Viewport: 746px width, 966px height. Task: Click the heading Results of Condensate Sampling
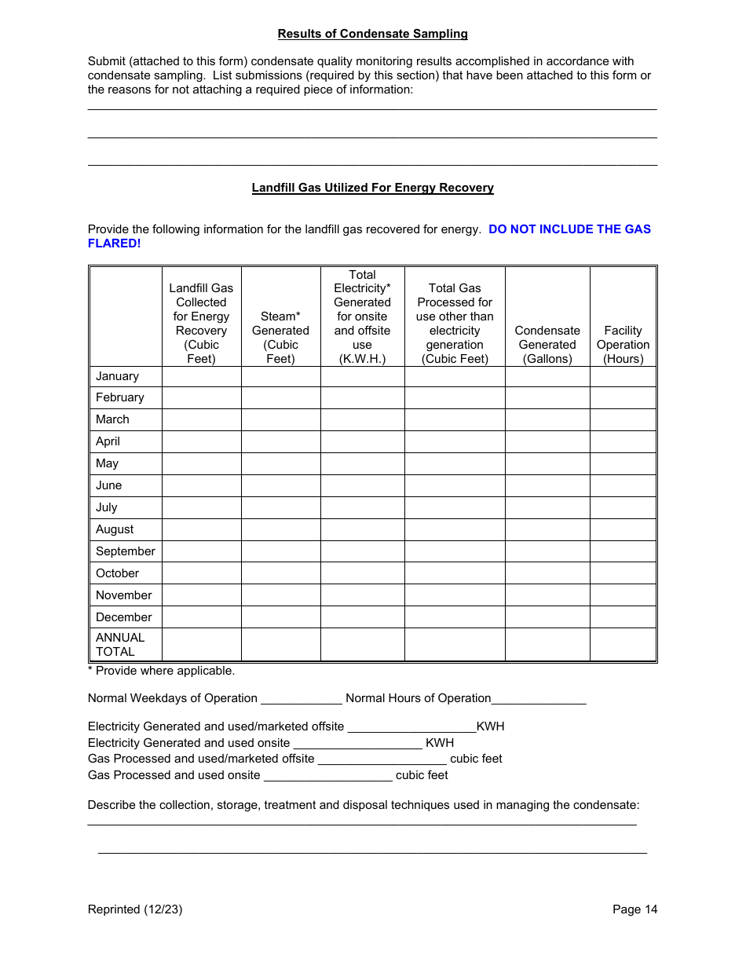372,34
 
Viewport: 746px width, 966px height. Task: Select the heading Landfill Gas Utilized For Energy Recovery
372,188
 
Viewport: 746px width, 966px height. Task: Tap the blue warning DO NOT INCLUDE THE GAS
569,229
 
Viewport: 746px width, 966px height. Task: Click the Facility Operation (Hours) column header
623,345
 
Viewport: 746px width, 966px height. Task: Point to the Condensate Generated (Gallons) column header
547,345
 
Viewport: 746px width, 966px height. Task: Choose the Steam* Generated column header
280,338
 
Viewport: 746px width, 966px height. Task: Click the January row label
117,376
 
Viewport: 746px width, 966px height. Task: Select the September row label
126,551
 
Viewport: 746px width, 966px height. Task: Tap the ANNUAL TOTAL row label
120,645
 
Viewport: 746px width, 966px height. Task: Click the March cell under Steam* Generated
280,419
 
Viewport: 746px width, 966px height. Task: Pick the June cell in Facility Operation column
623,485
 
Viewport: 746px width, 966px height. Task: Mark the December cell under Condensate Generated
547,617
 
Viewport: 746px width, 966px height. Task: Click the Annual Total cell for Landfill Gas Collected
201,645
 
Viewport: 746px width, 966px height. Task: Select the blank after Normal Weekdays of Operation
301,699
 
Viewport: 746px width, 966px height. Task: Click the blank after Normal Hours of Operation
539,699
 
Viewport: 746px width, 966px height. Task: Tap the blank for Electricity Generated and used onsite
357,744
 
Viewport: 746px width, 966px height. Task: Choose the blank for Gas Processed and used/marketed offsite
382,759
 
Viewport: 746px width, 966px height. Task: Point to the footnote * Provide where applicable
161,671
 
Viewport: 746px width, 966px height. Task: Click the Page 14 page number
634,909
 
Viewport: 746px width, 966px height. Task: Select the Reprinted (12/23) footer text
135,909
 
